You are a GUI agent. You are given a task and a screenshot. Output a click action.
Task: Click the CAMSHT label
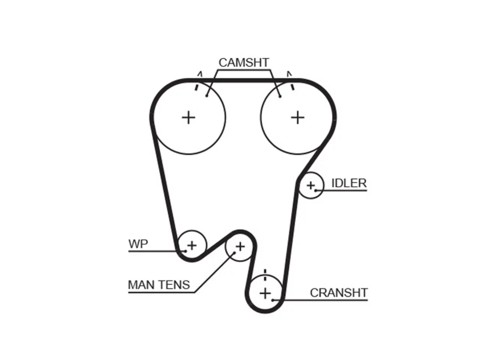[x=244, y=63]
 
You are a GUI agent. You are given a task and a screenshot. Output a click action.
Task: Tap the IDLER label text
[x=349, y=183]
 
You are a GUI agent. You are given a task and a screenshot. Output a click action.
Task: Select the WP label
[x=138, y=244]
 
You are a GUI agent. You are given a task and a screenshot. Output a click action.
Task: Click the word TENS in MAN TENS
[x=174, y=285]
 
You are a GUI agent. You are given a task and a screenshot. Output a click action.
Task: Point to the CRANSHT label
[x=339, y=293]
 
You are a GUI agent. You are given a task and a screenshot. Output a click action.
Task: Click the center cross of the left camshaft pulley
[x=189, y=118]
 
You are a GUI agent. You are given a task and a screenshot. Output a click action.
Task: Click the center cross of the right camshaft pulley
[x=297, y=118]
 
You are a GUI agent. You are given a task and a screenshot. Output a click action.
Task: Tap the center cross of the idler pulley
[x=311, y=186]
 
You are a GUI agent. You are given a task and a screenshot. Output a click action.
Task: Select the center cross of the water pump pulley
[x=192, y=246]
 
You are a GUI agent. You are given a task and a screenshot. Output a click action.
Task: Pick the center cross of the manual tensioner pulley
[x=240, y=247]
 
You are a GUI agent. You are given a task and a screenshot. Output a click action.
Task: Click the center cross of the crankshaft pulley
[x=265, y=293]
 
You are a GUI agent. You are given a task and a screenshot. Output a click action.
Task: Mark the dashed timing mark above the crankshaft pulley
[x=265, y=275]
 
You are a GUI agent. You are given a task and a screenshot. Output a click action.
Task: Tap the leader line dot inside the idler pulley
[x=315, y=190]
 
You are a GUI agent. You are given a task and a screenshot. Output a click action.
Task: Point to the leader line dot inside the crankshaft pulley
[x=273, y=300]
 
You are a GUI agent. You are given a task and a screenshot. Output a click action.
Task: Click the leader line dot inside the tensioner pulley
[x=234, y=253]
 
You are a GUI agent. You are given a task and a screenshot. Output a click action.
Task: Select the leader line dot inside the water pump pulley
[x=186, y=251]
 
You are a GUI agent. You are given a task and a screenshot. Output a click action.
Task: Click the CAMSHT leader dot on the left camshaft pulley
[x=207, y=96]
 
